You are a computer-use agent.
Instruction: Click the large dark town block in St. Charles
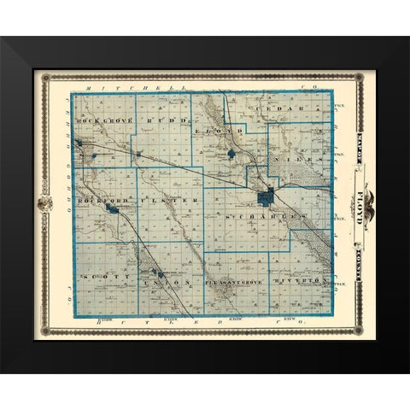pyautogui.click(x=266, y=197)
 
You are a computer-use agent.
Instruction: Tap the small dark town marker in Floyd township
pyautogui.click(x=231, y=155)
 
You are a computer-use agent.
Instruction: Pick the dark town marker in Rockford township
pyautogui.click(x=111, y=208)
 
